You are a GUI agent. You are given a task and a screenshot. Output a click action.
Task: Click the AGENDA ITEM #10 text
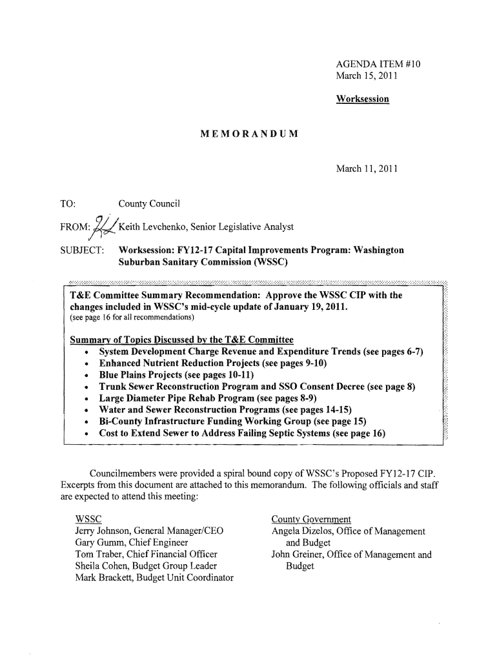pyautogui.click(x=378, y=65)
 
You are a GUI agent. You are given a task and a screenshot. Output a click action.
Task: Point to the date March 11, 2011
pyautogui.click(x=367, y=170)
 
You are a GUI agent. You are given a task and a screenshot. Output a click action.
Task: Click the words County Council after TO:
pyautogui.click(x=149, y=205)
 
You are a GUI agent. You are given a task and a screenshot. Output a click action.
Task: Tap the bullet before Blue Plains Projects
pyautogui.click(x=86, y=376)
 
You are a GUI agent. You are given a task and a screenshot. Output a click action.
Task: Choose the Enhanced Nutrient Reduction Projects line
pyautogui.click(x=213, y=363)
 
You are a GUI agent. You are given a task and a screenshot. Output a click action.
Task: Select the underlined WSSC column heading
pyautogui.click(x=88, y=519)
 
